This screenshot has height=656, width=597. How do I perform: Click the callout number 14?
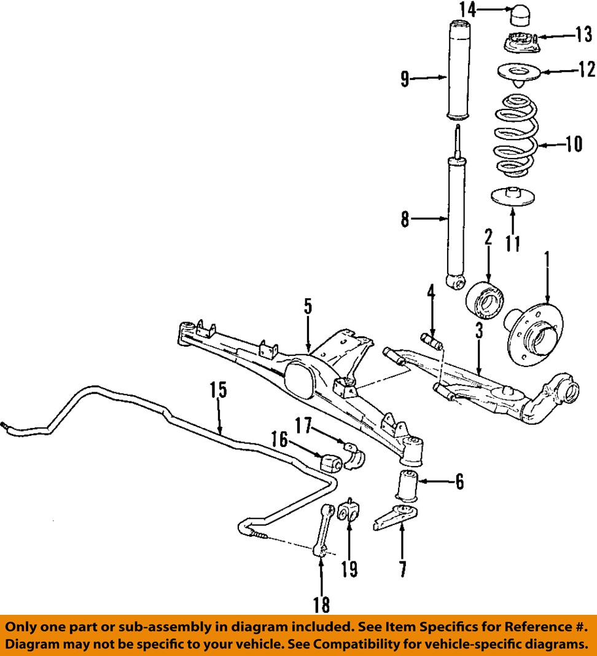pyautogui.click(x=468, y=10)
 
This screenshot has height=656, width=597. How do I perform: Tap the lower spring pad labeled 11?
pyautogui.click(x=513, y=197)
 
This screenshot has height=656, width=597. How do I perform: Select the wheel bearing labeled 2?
pyautogui.click(x=485, y=301)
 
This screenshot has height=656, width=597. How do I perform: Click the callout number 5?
pyautogui.click(x=308, y=307)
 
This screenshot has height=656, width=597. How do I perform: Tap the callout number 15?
pyautogui.click(x=219, y=390)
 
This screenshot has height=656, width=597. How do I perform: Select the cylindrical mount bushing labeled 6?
pyautogui.click(x=408, y=485)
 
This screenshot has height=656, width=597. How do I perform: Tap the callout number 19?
pyautogui.click(x=349, y=569)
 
